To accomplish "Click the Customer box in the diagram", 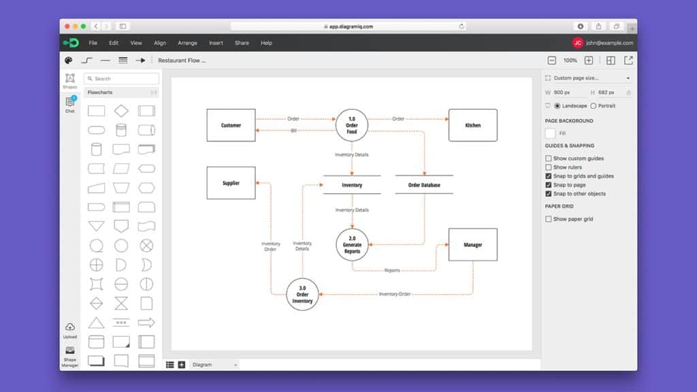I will click(231, 125).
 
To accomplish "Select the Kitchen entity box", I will click(472, 125).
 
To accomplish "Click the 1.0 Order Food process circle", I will click(352, 125).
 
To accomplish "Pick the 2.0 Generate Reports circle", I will click(352, 245).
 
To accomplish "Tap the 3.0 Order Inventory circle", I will click(302, 294).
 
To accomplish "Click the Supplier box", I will click(231, 183).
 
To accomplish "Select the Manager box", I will click(472, 245).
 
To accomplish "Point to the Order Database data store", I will click(423, 185).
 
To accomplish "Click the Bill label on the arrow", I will click(293, 131).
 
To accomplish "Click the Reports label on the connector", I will click(392, 271).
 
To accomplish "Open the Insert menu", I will click(216, 43).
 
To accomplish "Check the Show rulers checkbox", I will click(549, 167).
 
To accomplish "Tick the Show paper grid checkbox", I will click(549, 219).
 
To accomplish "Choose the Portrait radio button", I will click(594, 106).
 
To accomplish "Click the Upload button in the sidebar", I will click(70, 330).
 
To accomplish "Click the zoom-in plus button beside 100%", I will click(589, 61).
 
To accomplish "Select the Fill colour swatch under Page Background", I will click(551, 133).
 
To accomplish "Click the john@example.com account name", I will click(609, 43).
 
